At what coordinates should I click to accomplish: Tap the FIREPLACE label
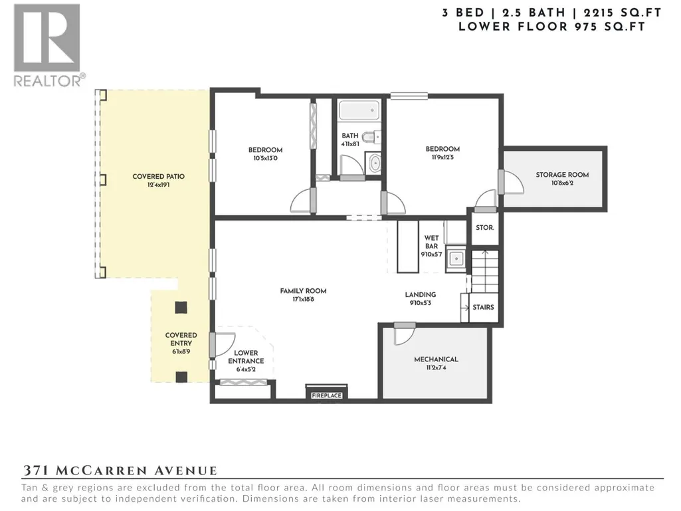[x=327, y=395]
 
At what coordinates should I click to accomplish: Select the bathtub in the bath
[x=359, y=110]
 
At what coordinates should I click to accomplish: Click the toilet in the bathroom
[x=371, y=138]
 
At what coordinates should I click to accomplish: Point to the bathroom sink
[x=374, y=163]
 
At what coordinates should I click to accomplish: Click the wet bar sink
[x=456, y=259]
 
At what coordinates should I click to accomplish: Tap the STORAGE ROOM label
[x=562, y=175]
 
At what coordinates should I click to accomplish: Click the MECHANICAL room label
[x=436, y=359]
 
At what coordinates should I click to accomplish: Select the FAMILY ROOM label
[x=303, y=291]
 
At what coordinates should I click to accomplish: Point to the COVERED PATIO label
[x=159, y=176]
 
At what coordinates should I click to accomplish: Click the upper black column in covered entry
[x=181, y=308]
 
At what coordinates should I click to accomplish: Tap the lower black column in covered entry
[x=181, y=377]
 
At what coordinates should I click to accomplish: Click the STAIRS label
[x=483, y=307]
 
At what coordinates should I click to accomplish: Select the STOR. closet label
[x=484, y=228]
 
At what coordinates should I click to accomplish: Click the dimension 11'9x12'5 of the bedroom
[x=442, y=157]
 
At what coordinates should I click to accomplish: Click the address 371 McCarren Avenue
[x=120, y=470]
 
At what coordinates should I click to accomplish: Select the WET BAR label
[x=431, y=242]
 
